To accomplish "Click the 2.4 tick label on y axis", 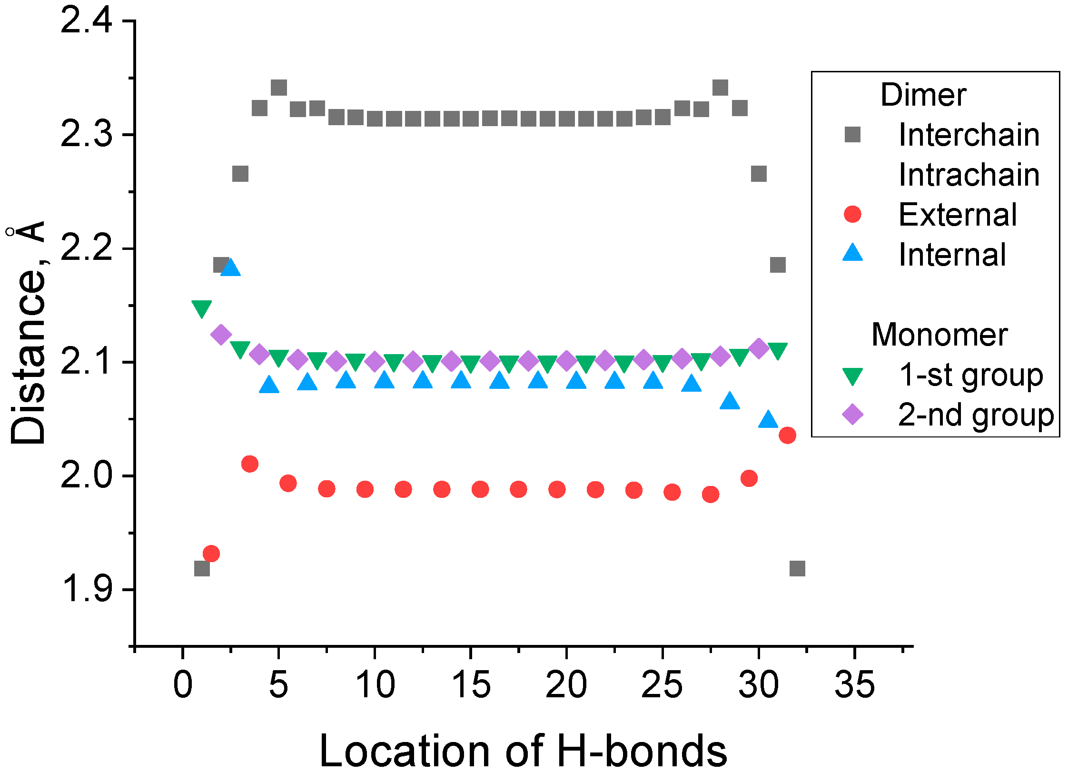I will (x=87, y=21).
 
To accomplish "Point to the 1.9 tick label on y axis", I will (x=87, y=589).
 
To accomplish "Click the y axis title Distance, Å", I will (x=28, y=333).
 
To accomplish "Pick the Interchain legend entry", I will (x=969, y=135).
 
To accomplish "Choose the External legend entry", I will (x=958, y=214).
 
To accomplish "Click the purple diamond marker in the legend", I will (x=852, y=414).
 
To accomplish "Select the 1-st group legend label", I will (x=971, y=375).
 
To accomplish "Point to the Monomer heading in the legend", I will (x=939, y=335).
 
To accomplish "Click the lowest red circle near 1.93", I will (x=211, y=554).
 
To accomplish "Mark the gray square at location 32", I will (x=797, y=568).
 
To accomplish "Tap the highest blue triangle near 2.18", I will (x=231, y=267).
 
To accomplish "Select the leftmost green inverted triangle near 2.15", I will (x=201, y=308).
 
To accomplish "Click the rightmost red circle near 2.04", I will (x=787, y=435).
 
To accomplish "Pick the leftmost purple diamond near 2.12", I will (x=221, y=335).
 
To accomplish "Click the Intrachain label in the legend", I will (x=969, y=175).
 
